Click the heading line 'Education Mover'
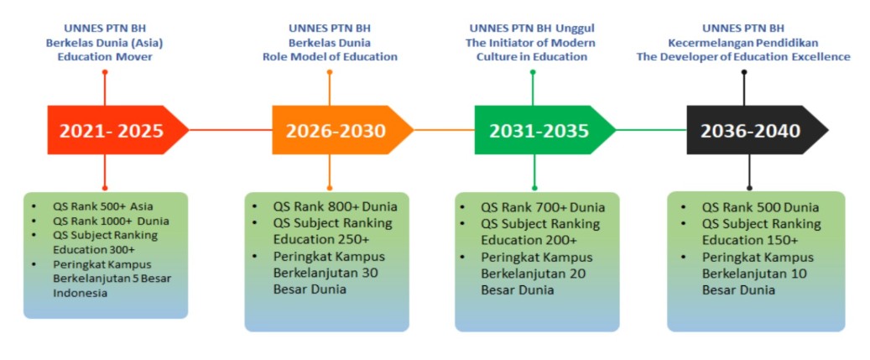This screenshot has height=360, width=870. click(105, 56)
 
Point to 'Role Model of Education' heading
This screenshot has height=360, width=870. click(331, 56)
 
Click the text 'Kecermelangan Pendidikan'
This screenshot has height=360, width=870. click(743, 43)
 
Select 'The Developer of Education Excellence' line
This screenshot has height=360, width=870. click(743, 56)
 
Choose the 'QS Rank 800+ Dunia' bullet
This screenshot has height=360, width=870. click(335, 207)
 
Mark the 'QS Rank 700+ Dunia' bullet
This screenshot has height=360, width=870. click(543, 208)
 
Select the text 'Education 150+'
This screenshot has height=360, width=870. click(750, 240)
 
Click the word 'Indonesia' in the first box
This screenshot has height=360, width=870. click(80, 294)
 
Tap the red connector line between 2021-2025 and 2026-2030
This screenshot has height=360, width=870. click(230, 130)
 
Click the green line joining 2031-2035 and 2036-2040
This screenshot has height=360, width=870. click(651, 130)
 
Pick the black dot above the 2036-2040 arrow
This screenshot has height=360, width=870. click(744, 71)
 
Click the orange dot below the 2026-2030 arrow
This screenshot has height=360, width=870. click(330, 188)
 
